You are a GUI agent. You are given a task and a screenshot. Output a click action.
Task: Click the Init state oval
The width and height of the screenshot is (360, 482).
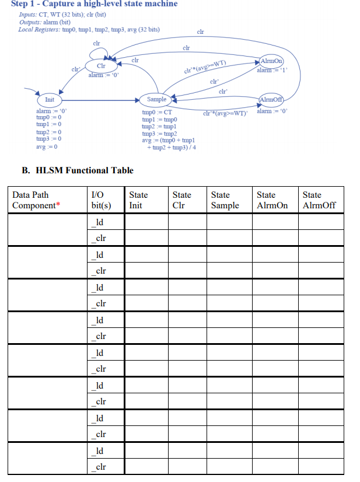point(50,99)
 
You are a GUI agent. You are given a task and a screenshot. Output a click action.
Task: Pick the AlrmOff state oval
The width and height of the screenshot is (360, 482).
point(271,99)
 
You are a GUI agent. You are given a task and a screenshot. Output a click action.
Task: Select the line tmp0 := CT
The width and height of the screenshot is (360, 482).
point(157,112)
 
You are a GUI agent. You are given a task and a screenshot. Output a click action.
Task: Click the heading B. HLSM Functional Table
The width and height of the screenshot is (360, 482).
point(78,170)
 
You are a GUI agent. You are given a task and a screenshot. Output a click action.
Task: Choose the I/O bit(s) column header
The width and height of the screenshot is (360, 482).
point(102,200)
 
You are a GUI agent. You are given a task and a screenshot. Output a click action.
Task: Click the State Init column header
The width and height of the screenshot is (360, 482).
point(138,200)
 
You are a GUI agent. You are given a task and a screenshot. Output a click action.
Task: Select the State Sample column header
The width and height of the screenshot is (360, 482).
point(225,200)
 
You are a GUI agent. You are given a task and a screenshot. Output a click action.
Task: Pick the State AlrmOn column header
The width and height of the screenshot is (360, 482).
point(272,200)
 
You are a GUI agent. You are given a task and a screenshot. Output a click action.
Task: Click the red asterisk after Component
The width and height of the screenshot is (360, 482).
point(58,205)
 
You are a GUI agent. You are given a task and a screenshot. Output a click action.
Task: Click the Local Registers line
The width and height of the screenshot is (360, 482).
point(90,30)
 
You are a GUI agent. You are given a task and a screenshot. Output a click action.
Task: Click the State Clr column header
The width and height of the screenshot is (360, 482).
point(181,200)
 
